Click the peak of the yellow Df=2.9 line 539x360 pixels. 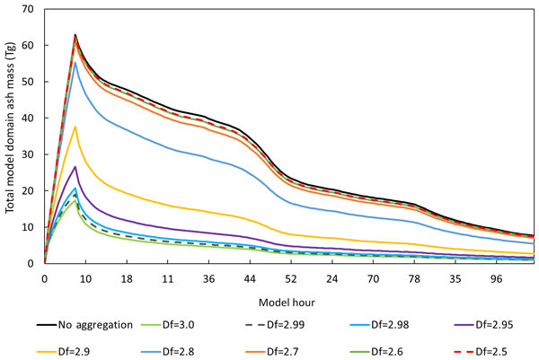point(75,127)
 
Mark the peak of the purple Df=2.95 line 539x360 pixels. point(75,167)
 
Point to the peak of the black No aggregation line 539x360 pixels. point(75,35)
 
